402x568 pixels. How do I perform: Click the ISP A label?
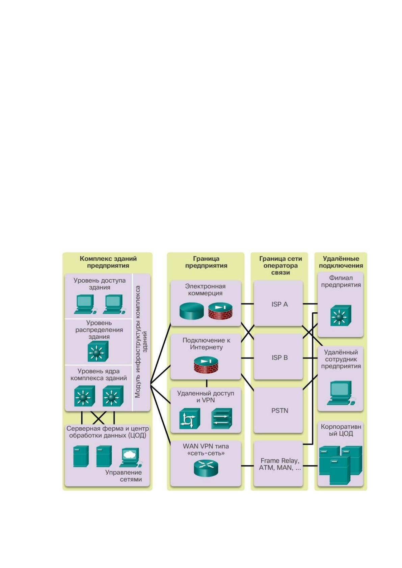pos(279,304)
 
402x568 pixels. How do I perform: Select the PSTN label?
pos(280,410)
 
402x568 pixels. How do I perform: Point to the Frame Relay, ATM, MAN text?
pos(280,464)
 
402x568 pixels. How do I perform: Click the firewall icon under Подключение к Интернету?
pos(206,365)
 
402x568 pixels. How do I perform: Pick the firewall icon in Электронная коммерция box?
pos(220,311)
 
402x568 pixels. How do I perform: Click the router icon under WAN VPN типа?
pos(206,468)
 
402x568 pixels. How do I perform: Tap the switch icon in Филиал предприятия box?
pos(341,315)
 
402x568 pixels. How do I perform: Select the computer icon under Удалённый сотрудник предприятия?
pos(341,393)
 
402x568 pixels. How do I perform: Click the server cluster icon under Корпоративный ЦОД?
pos(341,465)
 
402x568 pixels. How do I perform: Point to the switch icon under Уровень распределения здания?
pos(98,351)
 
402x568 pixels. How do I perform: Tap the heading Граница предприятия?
pos(206,262)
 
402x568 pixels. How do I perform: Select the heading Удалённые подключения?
pos(341,262)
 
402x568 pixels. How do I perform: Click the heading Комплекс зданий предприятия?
pos(108,262)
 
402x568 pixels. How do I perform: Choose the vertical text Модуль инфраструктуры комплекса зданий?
pos(141,342)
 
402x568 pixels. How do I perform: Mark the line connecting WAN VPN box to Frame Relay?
pos(247,466)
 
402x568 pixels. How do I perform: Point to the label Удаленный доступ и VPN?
pos(206,397)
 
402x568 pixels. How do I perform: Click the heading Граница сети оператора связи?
pos(280,265)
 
